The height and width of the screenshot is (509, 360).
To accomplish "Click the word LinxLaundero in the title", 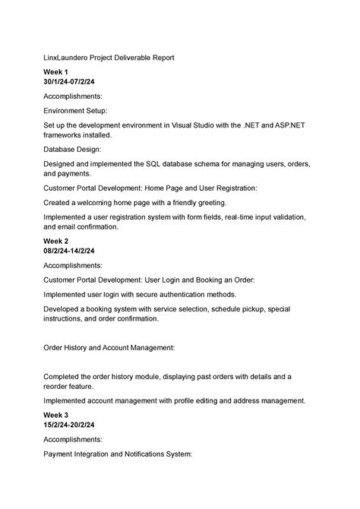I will pos(68,57).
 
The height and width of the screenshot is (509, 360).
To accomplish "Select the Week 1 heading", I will pos(56,71).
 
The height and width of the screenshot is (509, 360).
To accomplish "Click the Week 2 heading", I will pos(56,241).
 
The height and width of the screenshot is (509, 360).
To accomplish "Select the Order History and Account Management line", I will pos(109,347).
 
